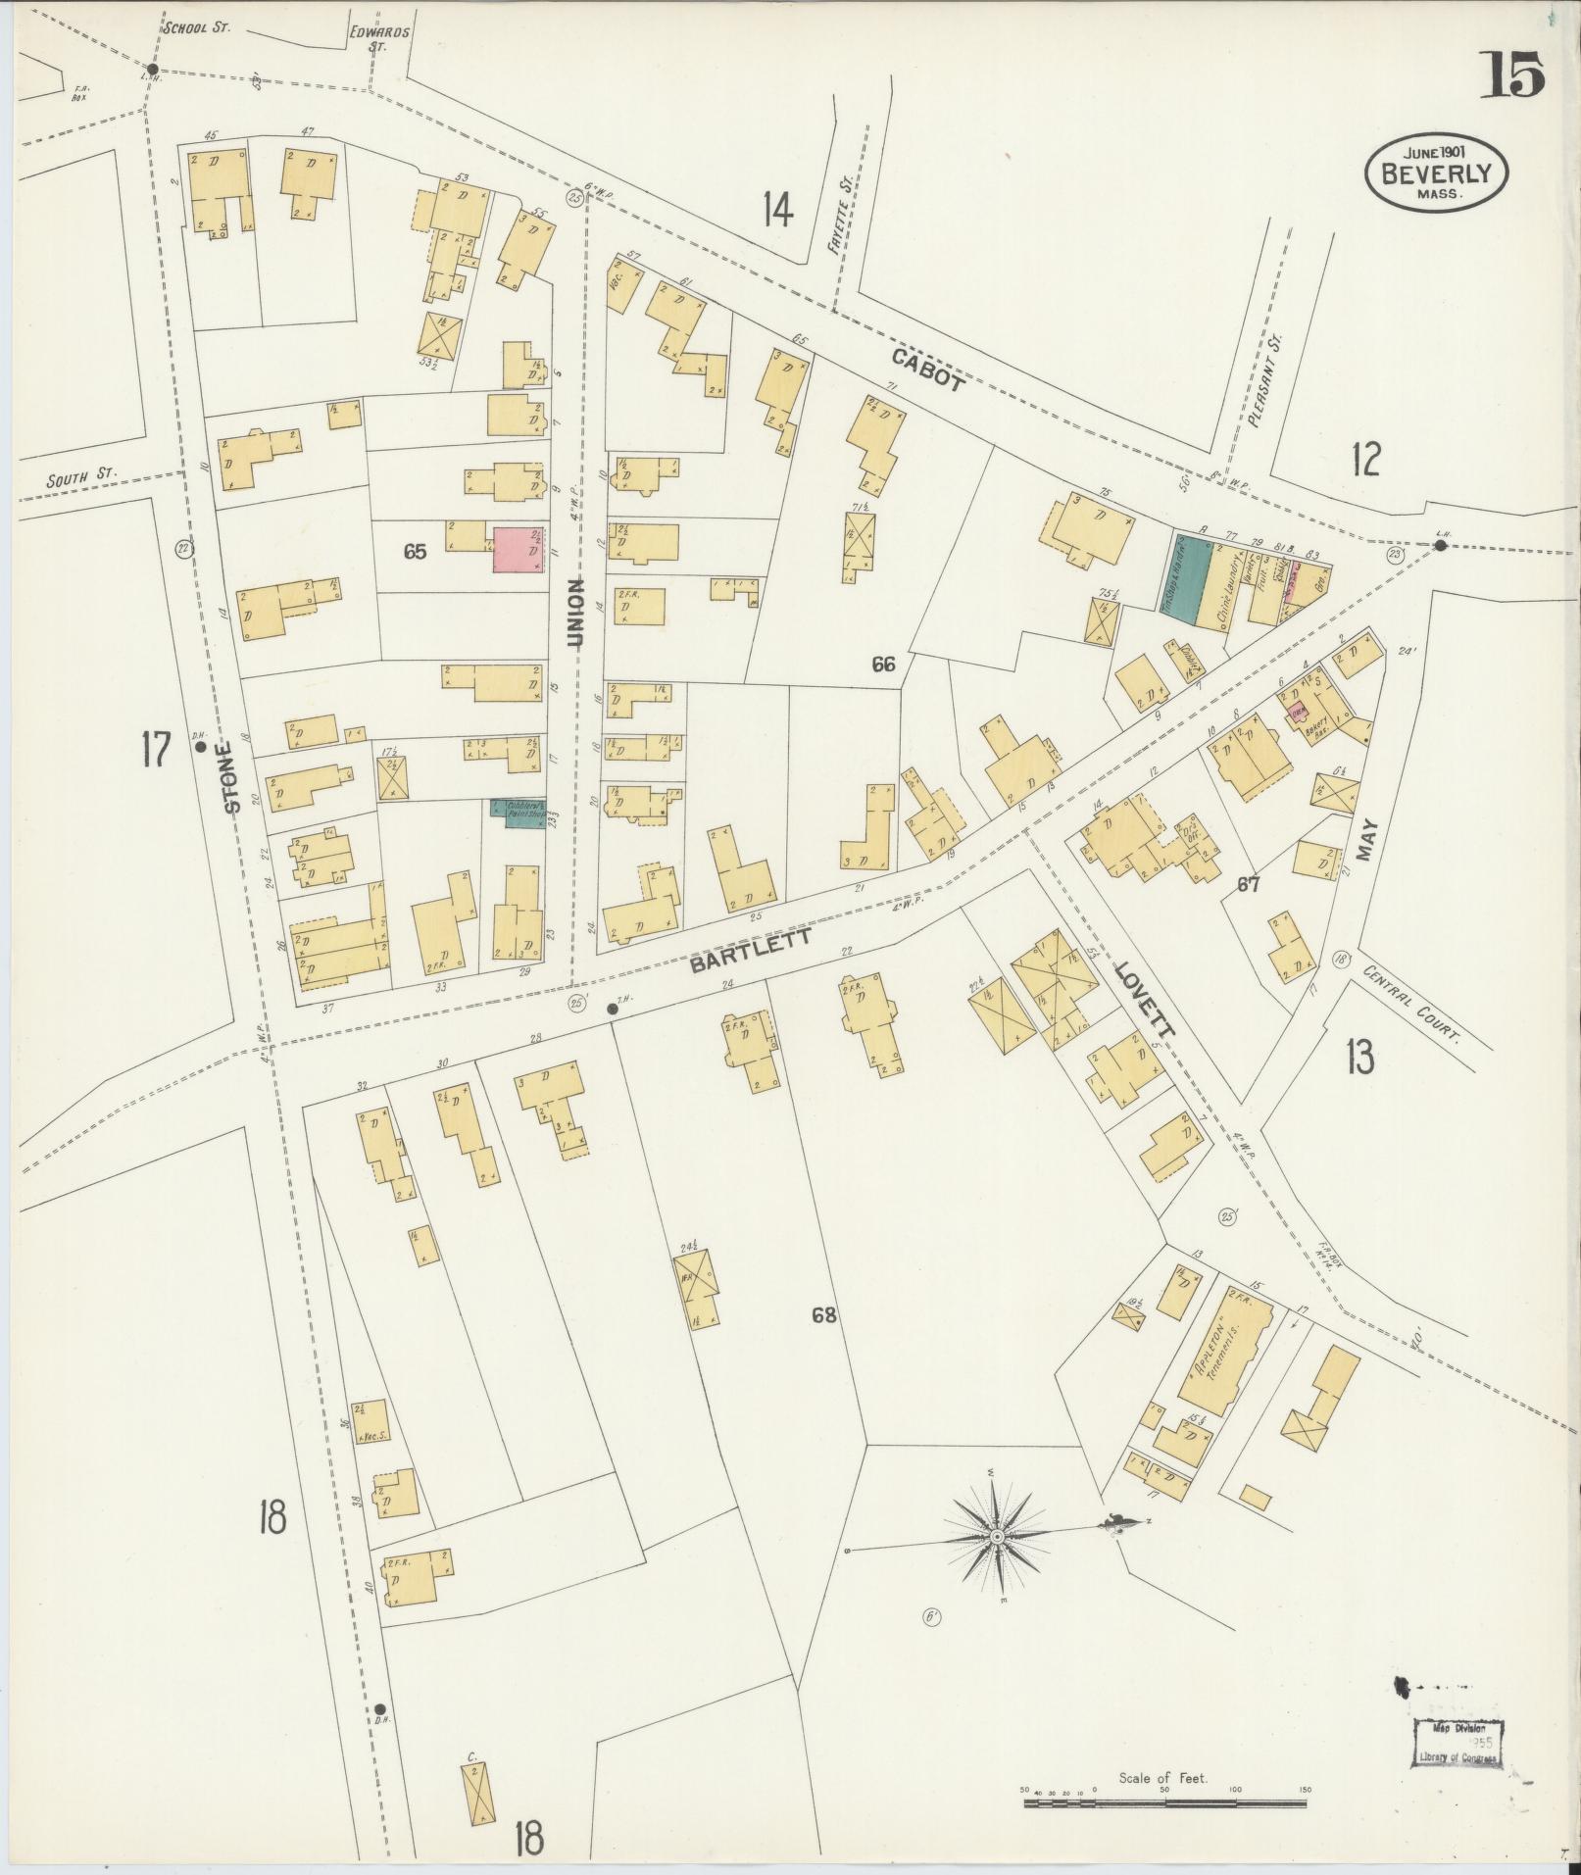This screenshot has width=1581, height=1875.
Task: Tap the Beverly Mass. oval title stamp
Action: pyautogui.click(x=1437, y=173)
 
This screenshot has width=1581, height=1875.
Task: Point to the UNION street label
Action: pyautogui.click(x=575, y=612)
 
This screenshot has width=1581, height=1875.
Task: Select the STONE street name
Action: pyautogui.click(x=232, y=778)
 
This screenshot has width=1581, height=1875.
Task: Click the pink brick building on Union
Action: pyautogui.click(x=517, y=550)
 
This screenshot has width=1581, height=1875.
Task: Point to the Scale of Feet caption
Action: pyautogui.click(x=1162, y=1777)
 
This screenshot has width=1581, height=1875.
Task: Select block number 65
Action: pyautogui.click(x=415, y=552)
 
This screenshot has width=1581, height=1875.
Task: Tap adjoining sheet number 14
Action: pyautogui.click(x=777, y=209)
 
